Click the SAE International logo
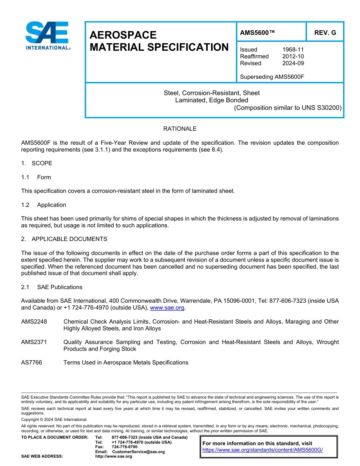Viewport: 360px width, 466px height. [x=47, y=36]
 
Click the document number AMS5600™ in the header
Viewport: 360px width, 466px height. [x=257, y=33]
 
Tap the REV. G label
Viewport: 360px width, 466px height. [x=325, y=33]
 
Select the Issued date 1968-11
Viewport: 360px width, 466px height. [x=293, y=50]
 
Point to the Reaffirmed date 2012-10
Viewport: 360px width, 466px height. [x=293, y=56]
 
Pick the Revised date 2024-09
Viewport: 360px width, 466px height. [x=293, y=63]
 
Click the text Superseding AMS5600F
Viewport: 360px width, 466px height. [x=272, y=77]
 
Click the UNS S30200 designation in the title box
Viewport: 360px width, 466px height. [x=321, y=108]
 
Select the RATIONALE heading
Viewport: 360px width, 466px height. [x=180, y=129]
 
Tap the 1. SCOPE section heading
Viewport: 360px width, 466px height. [x=37, y=163]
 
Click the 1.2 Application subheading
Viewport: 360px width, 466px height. [x=44, y=205]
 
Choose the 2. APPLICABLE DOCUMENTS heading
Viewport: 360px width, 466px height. [x=64, y=239]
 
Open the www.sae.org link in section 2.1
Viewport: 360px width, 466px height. [x=167, y=308]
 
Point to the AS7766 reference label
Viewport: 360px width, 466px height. [x=32, y=363]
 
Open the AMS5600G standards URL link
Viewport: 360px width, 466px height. [x=262, y=450]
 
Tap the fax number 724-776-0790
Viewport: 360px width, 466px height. [x=124, y=447]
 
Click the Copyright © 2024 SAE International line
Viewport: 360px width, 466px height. [x=54, y=419]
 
